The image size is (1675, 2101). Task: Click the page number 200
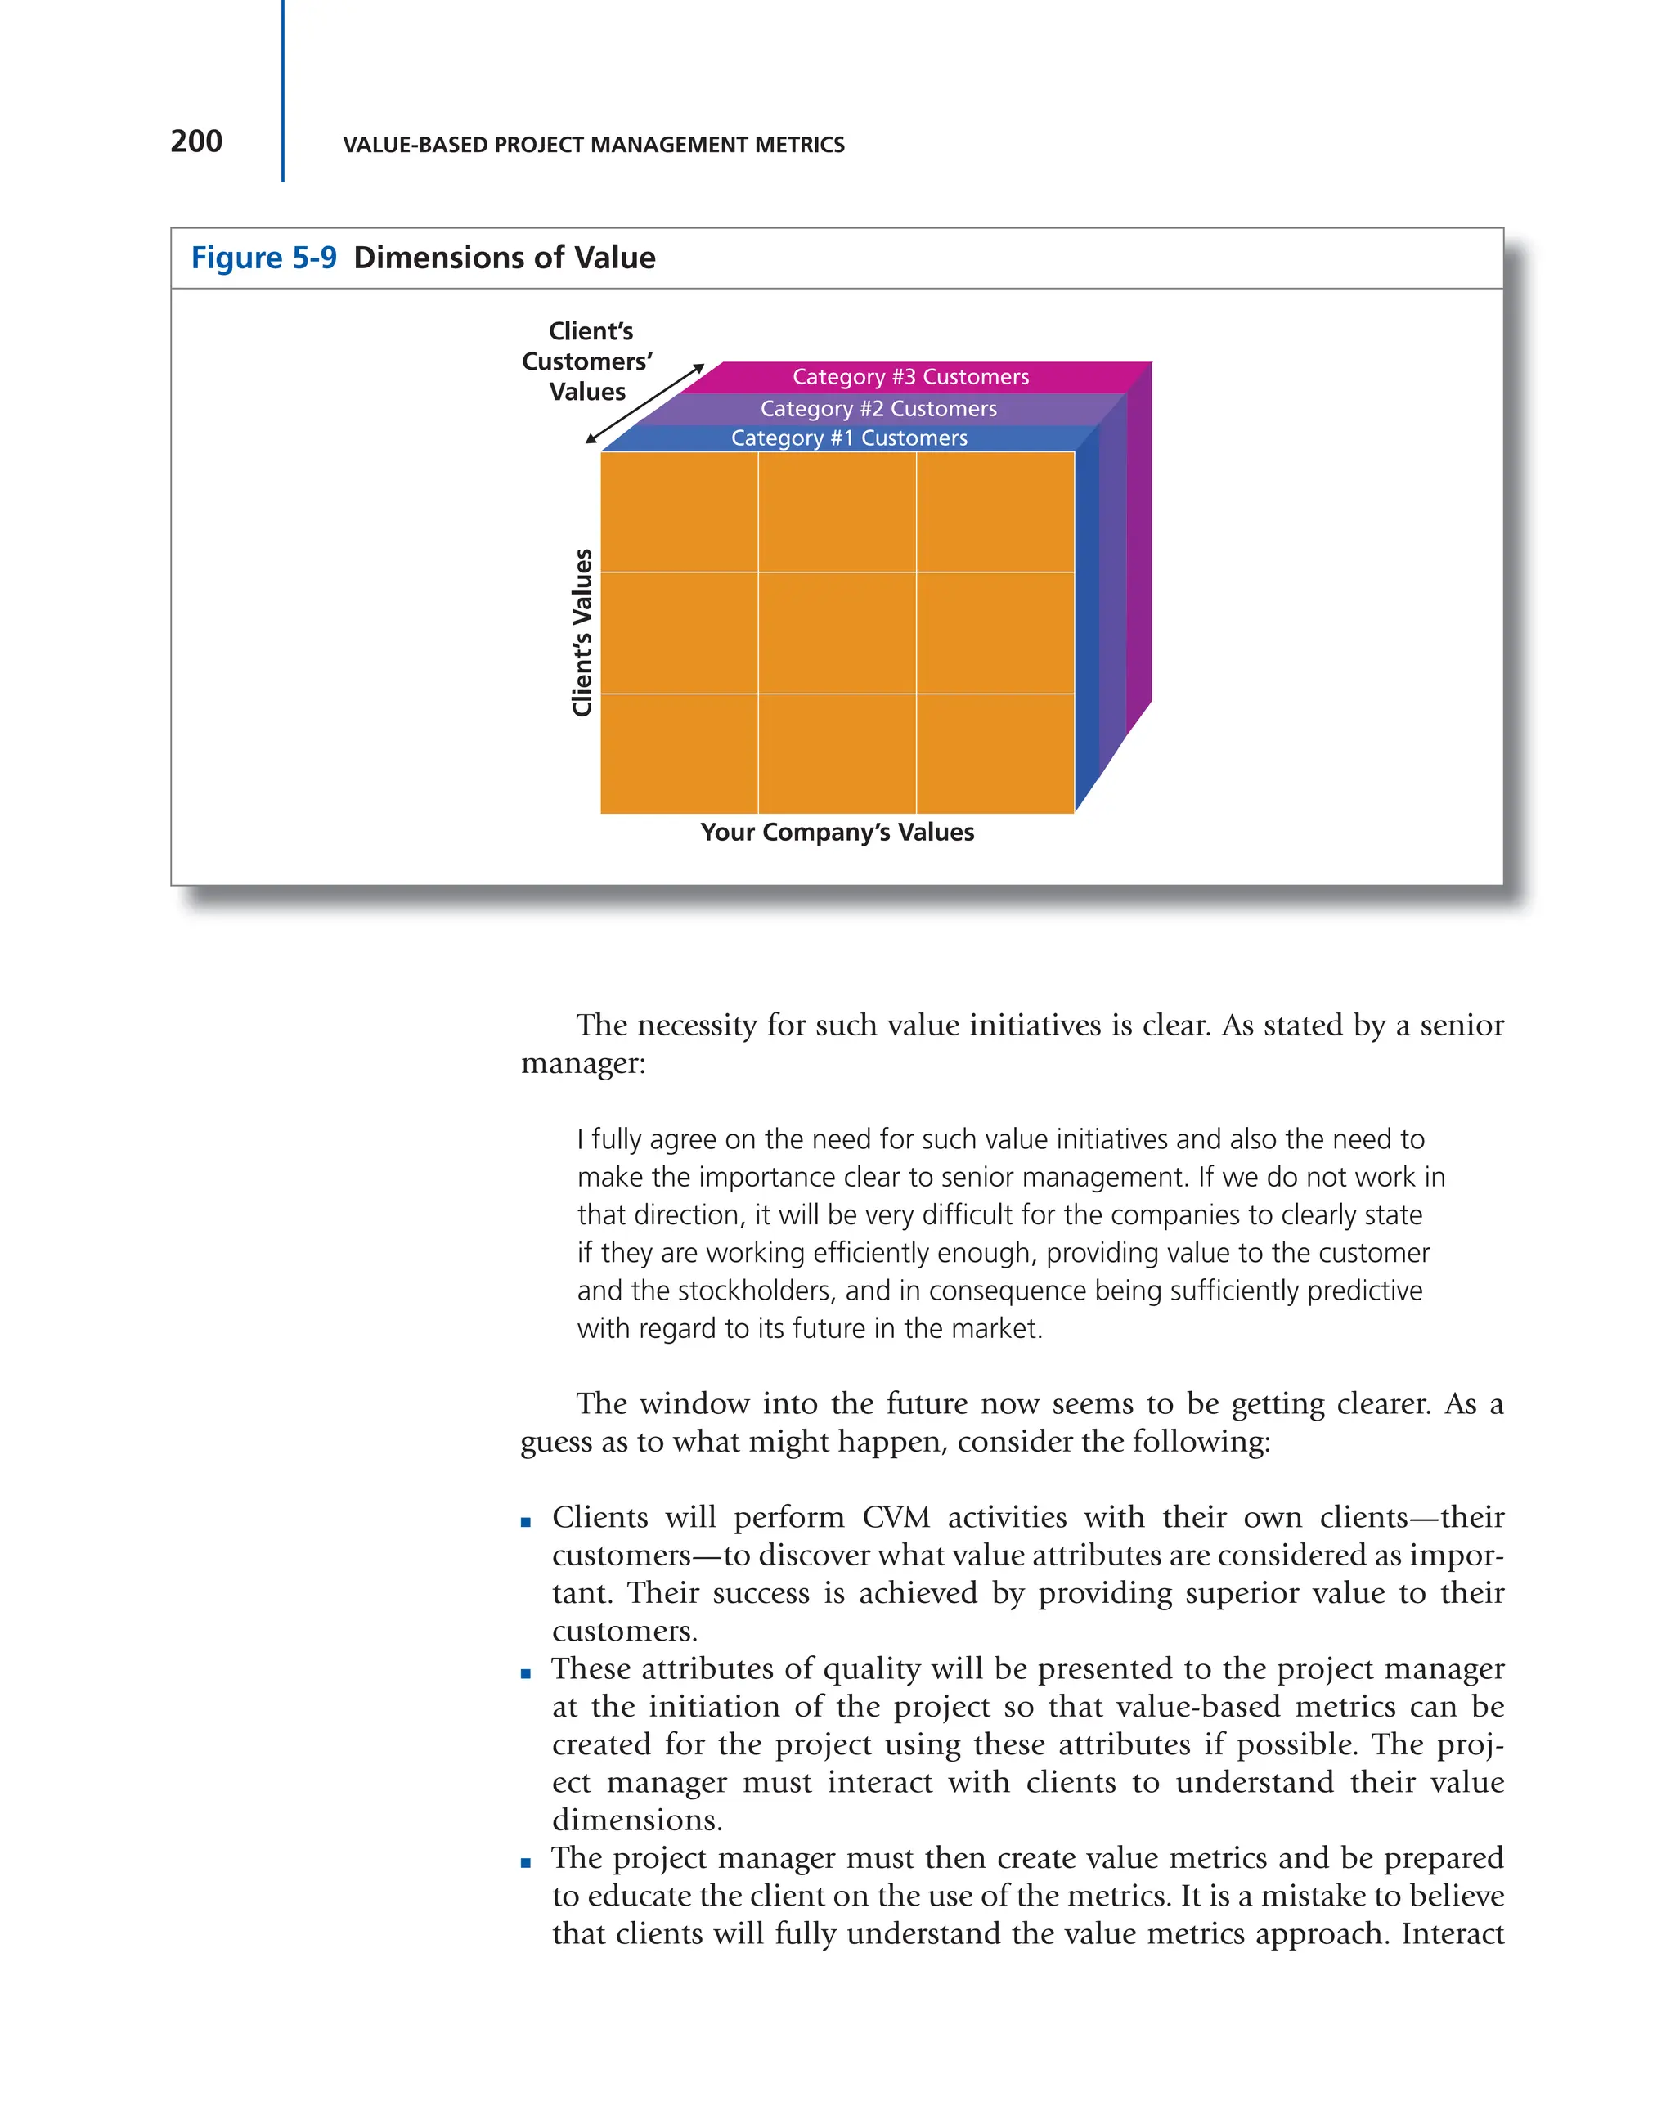pos(195,141)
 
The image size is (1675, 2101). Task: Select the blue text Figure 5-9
pos(263,258)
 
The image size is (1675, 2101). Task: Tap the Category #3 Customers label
pos(910,377)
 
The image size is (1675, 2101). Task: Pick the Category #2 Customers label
pos(878,408)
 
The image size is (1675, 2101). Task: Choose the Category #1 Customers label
pos(849,438)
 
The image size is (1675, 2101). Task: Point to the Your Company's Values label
pos(836,833)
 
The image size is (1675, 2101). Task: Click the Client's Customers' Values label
pos(586,361)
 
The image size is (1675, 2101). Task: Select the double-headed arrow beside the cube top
pos(644,403)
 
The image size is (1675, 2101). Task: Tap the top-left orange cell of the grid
pos(679,513)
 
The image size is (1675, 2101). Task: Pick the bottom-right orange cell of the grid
pos(994,753)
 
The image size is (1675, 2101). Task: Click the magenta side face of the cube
pos(1139,545)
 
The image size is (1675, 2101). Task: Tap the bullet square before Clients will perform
pos(525,1522)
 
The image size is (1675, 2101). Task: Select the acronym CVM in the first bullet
pos(896,1517)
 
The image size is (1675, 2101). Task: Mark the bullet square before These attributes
pos(525,1674)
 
